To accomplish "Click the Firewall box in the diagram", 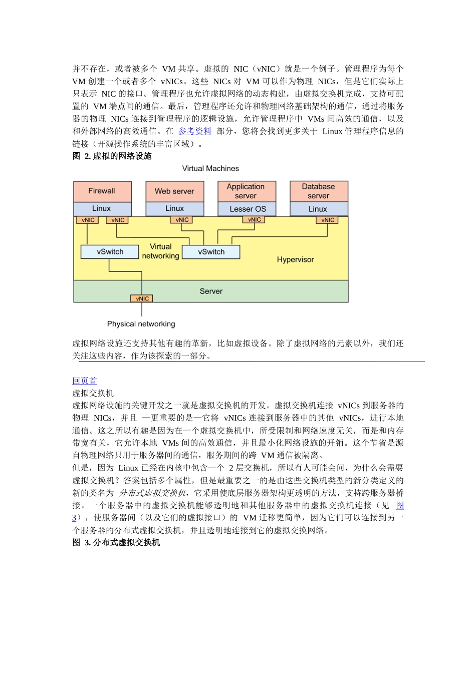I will [102, 191].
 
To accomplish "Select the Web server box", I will [174, 191].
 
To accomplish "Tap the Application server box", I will [247, 191].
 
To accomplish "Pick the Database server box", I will [319, 191].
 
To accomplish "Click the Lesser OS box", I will [247, 209].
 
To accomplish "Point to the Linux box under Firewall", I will [102, 208].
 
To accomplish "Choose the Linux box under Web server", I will [174, 208].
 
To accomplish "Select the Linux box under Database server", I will [319, 209].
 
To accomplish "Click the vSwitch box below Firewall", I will [110, 252].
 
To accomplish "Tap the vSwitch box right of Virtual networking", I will [211, 252].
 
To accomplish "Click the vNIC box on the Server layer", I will [142, 298].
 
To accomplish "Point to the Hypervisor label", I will [295, 259].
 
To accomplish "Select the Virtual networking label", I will [160, 251].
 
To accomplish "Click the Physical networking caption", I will [141, 324].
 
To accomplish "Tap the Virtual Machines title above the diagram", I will [210, 169].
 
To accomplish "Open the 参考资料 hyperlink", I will [195, 131].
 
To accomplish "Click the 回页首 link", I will [85, 381].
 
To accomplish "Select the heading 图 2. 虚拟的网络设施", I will [112, 156].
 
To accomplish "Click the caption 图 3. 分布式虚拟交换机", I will [116, 543].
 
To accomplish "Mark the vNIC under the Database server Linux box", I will [328, 220].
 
